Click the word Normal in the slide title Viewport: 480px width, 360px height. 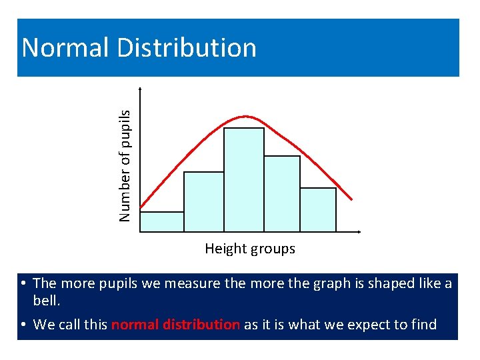(64, 48)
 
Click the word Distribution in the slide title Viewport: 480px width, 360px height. (186, 48)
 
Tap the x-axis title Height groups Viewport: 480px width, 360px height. (249, 249)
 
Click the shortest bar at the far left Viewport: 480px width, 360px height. (162, 221)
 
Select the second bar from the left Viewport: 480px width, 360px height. (204, 201)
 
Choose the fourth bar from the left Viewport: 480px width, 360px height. (282, 193)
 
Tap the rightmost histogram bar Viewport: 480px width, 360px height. (318, 209)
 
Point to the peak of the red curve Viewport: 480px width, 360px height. (245, 117)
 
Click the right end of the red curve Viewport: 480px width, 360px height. (351, 198)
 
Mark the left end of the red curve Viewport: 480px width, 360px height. (141, 207)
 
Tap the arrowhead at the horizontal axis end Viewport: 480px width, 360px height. (360, 232)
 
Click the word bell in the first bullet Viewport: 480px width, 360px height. (46, 301)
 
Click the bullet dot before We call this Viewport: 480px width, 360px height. (23, 325)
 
